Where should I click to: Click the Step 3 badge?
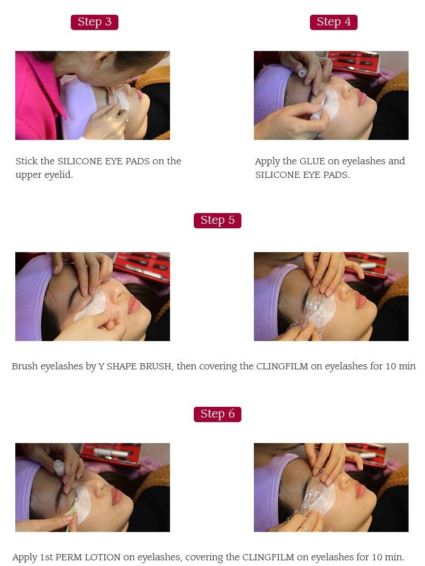(94, 22)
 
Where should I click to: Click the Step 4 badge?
(333, 22)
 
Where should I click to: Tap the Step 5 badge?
(217, 220)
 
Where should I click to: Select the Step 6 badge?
(217, 414)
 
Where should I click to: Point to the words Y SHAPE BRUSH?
(135, 367)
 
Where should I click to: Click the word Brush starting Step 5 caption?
(25, 367)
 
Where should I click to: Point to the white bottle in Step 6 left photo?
(59, 467)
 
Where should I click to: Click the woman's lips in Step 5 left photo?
(134, 305)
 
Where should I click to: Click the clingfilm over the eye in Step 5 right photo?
(319, 309)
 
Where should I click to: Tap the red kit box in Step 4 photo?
(368, 62)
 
